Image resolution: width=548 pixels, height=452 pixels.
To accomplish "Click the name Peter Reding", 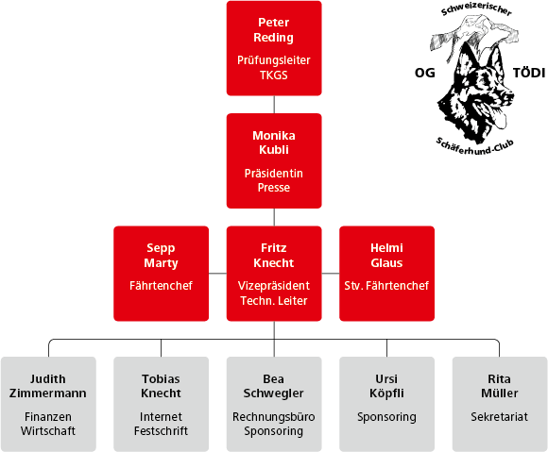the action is tap(274, 29).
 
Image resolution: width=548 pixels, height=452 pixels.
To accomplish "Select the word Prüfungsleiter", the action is tap(274, 60).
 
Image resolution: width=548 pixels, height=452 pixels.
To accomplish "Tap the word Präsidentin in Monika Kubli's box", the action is tap(274, 173).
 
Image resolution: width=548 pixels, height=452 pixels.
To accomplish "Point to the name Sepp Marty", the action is tap(161, 255).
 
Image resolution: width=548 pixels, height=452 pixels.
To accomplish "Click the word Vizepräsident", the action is tap(274, 286).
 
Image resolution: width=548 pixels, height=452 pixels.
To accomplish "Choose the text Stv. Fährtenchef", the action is tap(386, 286).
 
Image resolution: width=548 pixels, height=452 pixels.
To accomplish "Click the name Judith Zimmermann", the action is tap(48, 386).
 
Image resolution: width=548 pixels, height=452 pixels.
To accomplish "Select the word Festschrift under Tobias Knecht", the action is tap(161, 430).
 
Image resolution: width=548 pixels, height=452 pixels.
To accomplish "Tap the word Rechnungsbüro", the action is tap(274, 417).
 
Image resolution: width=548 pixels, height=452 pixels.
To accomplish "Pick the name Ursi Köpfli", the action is tap(386, 386).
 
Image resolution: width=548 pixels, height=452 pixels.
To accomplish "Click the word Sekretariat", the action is tap(500, 417).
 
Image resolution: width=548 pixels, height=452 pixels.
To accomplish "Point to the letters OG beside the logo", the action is tap(425, 73).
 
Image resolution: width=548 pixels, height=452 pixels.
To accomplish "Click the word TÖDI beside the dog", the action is tap(529, 73).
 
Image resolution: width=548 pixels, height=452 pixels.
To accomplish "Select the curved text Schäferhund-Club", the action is tap(474, 147).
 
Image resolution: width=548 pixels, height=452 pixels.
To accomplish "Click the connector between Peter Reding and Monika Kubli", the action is tap(274, 105).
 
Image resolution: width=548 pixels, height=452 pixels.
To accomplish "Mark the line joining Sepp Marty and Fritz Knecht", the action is tap(217, 274).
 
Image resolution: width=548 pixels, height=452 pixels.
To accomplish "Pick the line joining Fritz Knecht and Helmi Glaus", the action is tap(331, 274).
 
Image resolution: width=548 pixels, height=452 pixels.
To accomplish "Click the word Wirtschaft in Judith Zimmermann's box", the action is tap(48, 430).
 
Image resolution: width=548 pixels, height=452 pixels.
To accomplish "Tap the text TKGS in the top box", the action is tap(274, 75).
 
